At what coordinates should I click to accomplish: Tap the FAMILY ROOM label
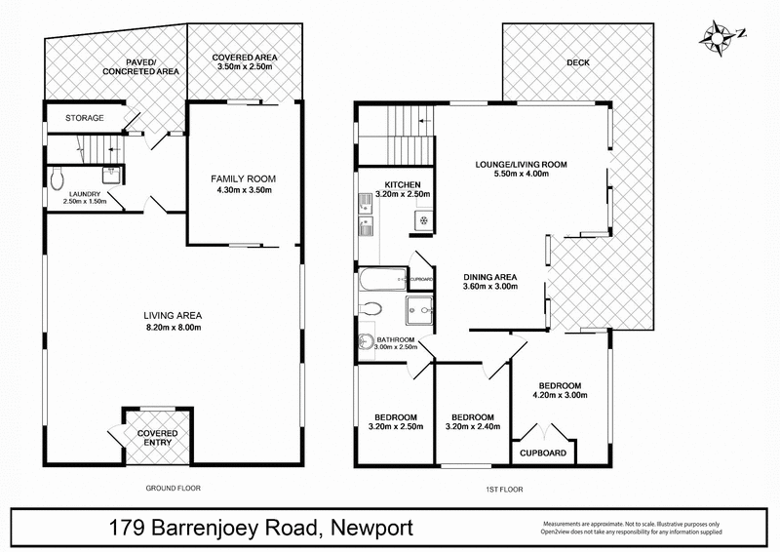click(244, 178)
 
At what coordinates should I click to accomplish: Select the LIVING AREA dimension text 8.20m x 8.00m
click(172, 328)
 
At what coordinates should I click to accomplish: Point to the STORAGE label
click(85, 118)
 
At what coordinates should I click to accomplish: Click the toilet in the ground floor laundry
click(58, 177)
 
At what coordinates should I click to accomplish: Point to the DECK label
click(577, 63)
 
